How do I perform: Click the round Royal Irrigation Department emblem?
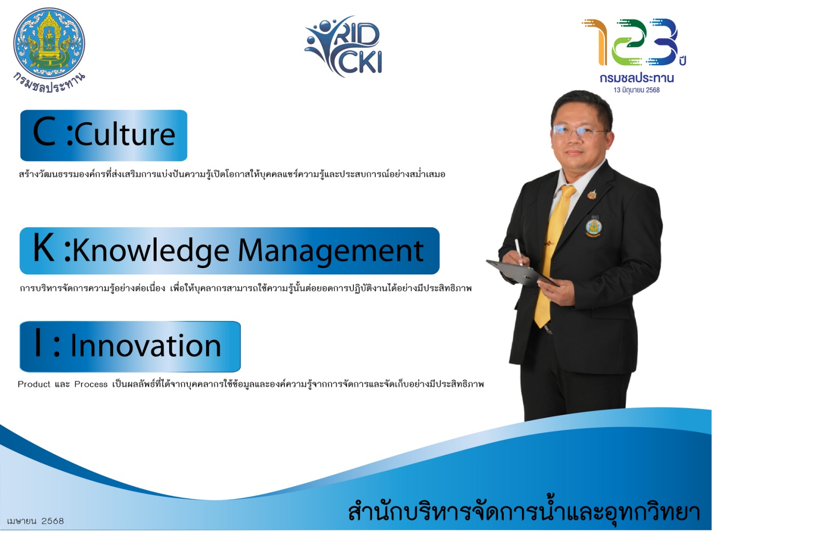click(x=49, y=43)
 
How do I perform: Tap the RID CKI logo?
click(x=343, y=47)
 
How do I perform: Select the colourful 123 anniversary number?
click(x=630, y=42)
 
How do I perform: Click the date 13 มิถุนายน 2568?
click(x=637, y=90)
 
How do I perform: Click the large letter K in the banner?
click(x=44, y=248)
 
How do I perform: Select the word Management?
click(x=331, y=251)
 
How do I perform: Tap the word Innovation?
click(x=146, y=345)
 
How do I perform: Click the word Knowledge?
click(x=151, y=251)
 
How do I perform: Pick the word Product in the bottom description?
click(x=34, y=384)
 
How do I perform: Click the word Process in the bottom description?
click(x=91, y=384)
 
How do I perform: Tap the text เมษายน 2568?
click(x=35, y=521)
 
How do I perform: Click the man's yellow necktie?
click(x=553, y=255)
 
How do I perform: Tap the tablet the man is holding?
click(x=521, y=273)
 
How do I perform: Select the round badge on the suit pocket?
click(x=594, y=228)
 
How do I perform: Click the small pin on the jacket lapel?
click(x=591, y=194)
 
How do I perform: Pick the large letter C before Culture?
click(x=44, y=132)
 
